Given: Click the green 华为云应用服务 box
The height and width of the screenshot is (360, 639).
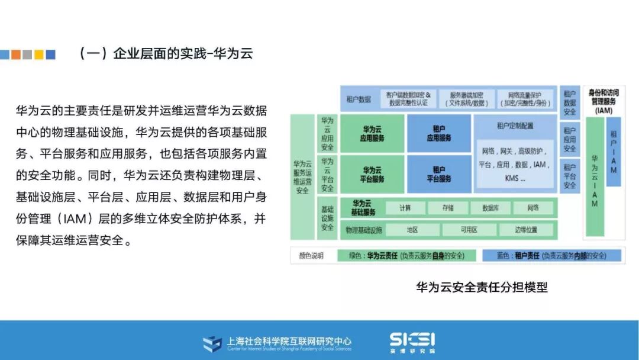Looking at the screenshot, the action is (x=372, y=134).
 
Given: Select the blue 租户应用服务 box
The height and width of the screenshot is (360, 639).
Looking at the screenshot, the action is (x=438, y=134).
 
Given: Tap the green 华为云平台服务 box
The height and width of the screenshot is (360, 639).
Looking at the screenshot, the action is (x=372, y=174).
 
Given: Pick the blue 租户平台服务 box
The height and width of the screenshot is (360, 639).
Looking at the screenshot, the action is (x=438, y=174).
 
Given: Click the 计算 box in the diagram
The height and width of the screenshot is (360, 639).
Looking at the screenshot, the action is (x=405, y=208).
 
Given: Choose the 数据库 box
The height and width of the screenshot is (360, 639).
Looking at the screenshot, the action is (x=490, y=208).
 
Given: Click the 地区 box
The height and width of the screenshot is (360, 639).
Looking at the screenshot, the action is (x=412, y=230).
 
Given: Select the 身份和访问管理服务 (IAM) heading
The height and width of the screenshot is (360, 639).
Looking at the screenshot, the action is (x=603, y=101).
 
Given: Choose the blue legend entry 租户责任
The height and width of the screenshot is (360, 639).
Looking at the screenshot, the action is (x=551, y=256).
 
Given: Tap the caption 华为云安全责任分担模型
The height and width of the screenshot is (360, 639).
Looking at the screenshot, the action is (x=482, y=288).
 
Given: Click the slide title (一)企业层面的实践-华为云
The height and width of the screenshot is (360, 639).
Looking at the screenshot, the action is (x=166, y=53).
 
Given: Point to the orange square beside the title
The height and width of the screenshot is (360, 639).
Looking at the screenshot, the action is (x=16, y=54).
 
